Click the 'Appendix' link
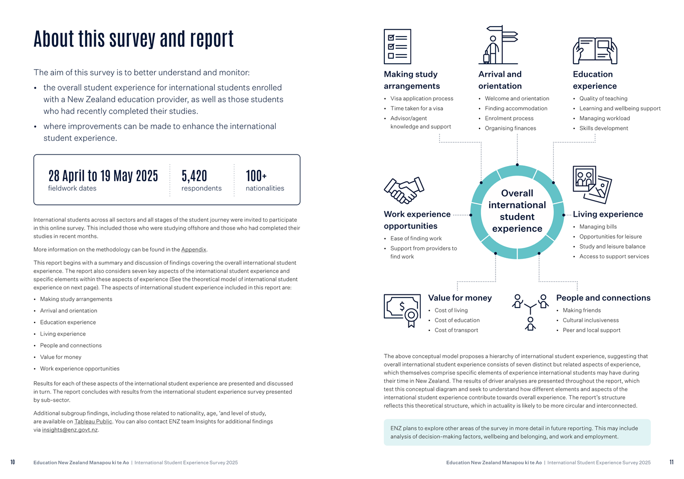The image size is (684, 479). click(x=193, y=249)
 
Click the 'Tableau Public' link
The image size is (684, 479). click(x=93, y=421)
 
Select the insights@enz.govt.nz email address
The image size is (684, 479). click(x=70, y=430)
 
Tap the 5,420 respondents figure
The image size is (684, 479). click(x=201, y=181)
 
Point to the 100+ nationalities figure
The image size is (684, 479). click(x=265, y=181)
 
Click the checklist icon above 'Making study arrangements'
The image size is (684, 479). click(x=397, y=47)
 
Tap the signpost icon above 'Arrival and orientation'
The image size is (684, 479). click(x=499, y=46)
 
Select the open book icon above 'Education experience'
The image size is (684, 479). click(x=595, y=51)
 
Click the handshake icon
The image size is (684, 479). click(x=404, y=190)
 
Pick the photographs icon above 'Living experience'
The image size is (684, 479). click(x=592, y=184)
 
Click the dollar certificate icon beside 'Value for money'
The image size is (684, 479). click(x=402, y=310)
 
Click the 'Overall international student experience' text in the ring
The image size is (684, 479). click(x=517, y=211)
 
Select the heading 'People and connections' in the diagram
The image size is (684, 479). click(x=603, y=298)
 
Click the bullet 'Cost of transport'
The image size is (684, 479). click(x=456, y=330)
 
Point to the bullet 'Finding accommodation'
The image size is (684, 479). click(x=516, y=108)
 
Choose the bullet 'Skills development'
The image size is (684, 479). click(x=603, y=128)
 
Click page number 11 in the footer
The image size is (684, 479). click(x=671, y=462)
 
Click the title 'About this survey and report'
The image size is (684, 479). click(x=134, y=39)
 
